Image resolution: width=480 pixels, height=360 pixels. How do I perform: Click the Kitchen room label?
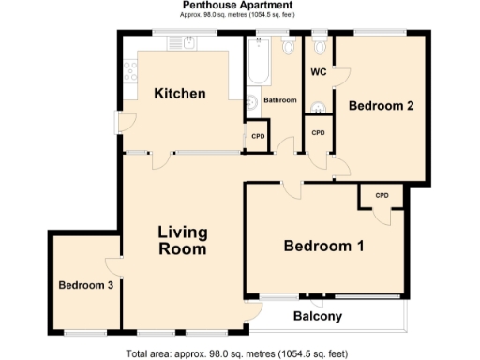click(x=180, y=93)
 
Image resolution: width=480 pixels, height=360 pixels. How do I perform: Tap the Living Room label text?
click(x=182, y=241)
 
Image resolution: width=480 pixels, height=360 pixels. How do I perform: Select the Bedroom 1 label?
click(x=324, y=247)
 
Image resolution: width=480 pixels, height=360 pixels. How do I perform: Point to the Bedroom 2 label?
click(x=381, y=106)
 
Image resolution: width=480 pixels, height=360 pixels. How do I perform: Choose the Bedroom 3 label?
click(x=85, y=285)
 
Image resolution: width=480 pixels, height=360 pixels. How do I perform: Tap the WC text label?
click(x=317, y=71)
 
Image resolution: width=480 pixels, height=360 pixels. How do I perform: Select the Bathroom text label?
click(x=279, y=100)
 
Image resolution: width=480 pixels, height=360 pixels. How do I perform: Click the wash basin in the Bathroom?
click(x=252, y=104)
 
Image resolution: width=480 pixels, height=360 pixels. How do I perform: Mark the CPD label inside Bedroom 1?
click(x=382, y=195)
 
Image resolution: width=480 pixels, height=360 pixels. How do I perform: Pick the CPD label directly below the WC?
click(x=318, y=133)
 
